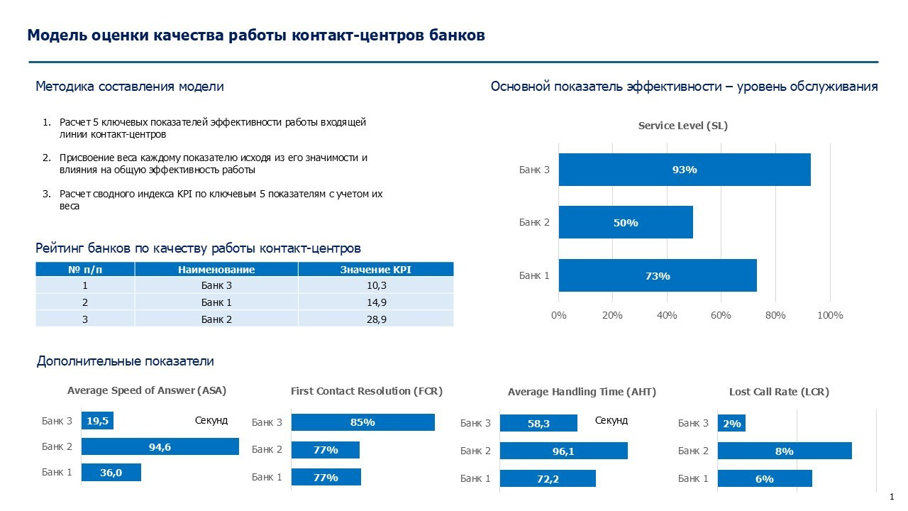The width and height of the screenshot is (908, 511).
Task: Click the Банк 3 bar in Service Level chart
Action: pyautogui.click(x=685, y=170)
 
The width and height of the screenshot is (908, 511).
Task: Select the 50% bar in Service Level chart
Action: pyautogui.click(x=626, y=223)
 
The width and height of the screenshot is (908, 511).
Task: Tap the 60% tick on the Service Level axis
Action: pyautogui.click(x=721, y=315)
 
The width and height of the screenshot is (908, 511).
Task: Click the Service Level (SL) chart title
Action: pyautogui.click(x=683, y=126)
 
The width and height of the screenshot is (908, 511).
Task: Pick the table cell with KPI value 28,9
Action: pyautogui.click(x=375, y=320)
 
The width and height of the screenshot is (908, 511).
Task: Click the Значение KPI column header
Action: pyautogui.click(x=375, y=270)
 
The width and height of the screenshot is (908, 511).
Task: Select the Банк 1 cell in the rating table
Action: pyautogui.click(x=216, y=302)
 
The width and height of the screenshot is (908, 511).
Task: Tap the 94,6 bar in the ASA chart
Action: pyautogui.click(x=160, y=447)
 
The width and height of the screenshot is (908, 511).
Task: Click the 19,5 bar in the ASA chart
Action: pyautogui.click(x=97, y=421)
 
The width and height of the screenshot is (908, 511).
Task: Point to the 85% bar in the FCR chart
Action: pyautogui.click(x=362, y=422)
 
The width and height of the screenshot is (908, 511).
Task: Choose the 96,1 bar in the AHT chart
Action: pyautogui.click(x=563, y=451)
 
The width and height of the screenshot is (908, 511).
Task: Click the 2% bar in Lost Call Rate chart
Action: pyautogui.click(x=731, y=424)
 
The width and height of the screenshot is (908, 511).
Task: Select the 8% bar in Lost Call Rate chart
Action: pyautogui.click(x=784, y=451)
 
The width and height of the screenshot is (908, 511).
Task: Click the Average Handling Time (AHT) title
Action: pyautogui.click(x=582, y=392)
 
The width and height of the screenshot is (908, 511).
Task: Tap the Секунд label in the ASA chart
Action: pyautogui.click(x=211, y=420)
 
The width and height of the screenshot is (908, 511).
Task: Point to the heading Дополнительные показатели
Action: pyautogui.click(x=125, y=361)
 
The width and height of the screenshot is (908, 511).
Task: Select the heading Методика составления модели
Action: pyautogui.click(x=130, y=87)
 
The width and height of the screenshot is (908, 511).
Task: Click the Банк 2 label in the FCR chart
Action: pyautogui.click(x=267, y=449)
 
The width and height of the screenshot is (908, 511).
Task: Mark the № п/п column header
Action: pyautogui.click(x=85, y=270)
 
